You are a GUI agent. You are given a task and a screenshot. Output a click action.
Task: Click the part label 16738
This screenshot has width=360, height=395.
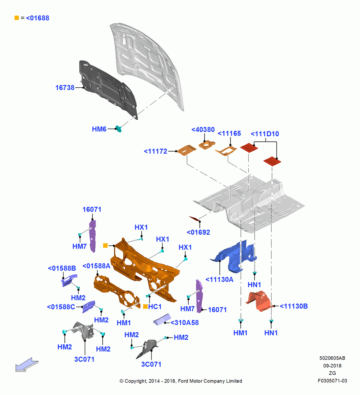pos(65,88)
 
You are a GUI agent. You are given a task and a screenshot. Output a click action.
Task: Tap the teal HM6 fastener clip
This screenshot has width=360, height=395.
pos(118,129)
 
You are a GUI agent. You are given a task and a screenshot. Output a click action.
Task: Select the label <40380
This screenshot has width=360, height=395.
pos(203,130)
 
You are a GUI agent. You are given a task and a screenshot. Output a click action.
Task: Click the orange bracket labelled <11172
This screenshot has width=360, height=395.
pos(186,150)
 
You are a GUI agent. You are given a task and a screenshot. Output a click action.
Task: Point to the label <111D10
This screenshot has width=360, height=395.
pos(265,134)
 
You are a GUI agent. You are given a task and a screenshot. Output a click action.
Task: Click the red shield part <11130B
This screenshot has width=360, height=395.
pos(259,301)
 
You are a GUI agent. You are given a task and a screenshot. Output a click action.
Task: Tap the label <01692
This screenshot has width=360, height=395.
pos(198,232)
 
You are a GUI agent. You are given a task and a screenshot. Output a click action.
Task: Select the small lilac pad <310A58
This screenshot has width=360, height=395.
pos(162,320)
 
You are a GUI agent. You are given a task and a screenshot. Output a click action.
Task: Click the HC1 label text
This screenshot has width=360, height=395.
pos(155,307)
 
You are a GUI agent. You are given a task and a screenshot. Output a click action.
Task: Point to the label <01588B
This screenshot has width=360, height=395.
pos(62,268)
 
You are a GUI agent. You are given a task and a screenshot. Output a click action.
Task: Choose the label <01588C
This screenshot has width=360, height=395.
pos(61,307)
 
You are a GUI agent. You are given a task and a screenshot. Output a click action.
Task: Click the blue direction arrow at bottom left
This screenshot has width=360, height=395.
pos(27,365)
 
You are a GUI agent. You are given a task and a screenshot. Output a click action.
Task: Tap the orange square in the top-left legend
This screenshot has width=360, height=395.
pos(17,18)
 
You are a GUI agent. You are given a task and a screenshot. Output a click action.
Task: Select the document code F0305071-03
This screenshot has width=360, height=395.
pos(332,381)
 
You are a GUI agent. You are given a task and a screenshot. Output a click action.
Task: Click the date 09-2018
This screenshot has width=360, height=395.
pos(332,365)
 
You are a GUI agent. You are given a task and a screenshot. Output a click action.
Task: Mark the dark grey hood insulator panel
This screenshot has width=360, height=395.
pos(108,89)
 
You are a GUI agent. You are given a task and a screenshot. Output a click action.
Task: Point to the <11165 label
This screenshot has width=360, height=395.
pos(229,133)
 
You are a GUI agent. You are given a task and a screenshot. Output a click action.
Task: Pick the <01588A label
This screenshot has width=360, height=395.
pos(96,266)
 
